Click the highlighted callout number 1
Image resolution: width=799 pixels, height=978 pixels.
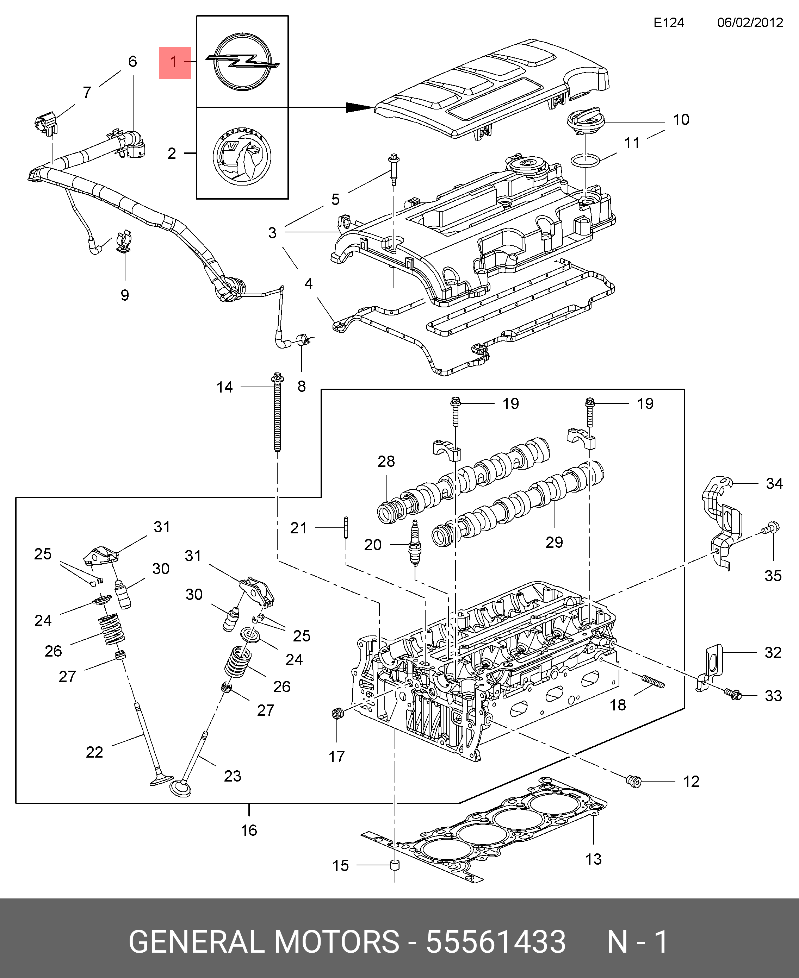pyautogui.click(x=174, y=62)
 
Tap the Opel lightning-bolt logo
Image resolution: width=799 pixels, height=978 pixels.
pyautogui.click(x=242, y=62)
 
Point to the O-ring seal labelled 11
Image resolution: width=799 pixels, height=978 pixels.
pyautogui.click(x=586, y=161)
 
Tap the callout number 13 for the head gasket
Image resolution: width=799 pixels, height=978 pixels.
pyautogui.click(x=593, y=859)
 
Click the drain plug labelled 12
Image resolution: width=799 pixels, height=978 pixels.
pyautogui.click(x=634, y=781)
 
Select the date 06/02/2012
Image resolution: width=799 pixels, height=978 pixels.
pyautogui.click(x=750, y=23)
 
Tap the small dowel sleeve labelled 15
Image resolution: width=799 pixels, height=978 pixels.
pyautogui.click(x=395, y=865)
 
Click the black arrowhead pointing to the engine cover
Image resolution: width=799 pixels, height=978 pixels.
pyautogui.click(x=359, y=108)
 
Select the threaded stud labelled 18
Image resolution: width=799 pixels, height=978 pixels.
pyautogui.click(x=653, y=681)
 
